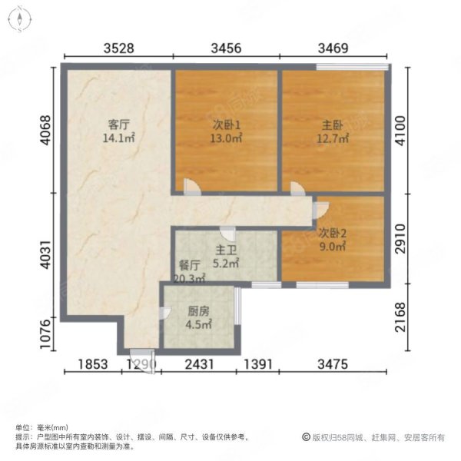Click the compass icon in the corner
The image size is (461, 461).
[20, 19]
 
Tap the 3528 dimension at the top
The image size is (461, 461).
[119, 48]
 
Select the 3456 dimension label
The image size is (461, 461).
[226, 48]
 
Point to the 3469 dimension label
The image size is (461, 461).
[333, 48]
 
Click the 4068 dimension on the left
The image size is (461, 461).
[46, 130]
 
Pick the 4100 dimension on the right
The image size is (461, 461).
[400, 131]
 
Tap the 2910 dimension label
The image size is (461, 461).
[400, 238]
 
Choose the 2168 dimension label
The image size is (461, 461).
[400, 317]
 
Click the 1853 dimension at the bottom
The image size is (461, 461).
[93, 364]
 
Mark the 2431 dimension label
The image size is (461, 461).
[199, 364]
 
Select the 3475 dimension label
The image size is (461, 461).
[333, 364]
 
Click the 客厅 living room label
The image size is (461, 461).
[118, 124]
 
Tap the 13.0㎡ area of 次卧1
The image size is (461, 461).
[226, 138]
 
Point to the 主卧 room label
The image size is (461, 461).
[333, 125]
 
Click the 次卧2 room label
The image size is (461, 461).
[333, 234]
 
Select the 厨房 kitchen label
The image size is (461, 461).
[198, 311]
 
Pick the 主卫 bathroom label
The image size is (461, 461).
[226, 250]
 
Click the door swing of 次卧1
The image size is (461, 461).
[193, 187]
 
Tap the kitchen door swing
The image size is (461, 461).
[165, 313]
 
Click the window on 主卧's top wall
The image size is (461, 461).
[352, 67]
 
